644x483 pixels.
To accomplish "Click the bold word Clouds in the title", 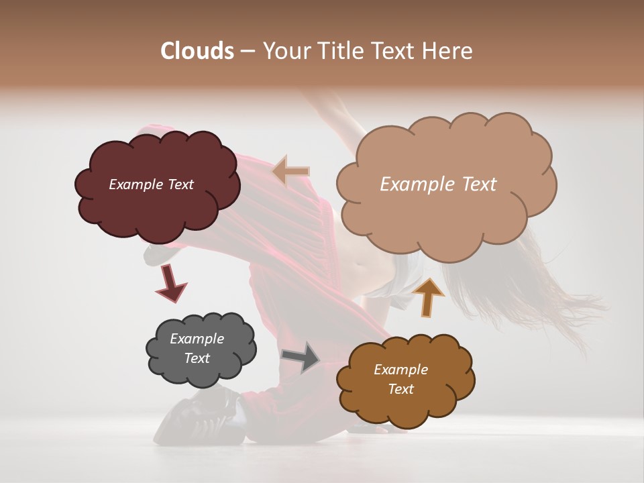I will [x=197, y=51].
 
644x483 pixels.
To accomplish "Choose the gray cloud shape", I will [x=201, y=372].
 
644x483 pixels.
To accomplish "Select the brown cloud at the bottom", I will [x=406, y=409].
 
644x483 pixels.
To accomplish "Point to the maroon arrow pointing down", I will [x=170, y=282].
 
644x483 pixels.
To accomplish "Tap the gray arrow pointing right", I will [x=301, y=357].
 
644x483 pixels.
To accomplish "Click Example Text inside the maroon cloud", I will [x=151, y=184].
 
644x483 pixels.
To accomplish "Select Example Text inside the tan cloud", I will [x=438, y=184].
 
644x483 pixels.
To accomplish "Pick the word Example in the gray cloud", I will [x=197, y=339].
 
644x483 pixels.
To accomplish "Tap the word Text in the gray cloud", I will [x=197, y=358].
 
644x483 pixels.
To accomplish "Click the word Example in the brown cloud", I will [x=400, y=370].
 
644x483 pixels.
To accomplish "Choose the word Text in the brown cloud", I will [x=400, y=389].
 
